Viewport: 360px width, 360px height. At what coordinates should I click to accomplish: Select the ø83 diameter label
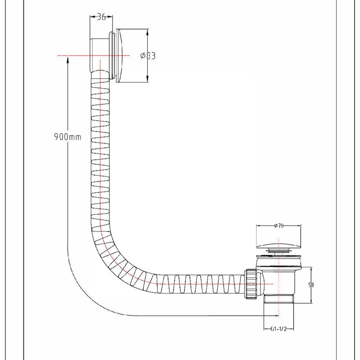148,56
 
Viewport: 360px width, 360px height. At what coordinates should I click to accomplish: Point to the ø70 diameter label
278,226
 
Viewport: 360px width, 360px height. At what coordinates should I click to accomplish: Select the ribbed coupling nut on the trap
251,283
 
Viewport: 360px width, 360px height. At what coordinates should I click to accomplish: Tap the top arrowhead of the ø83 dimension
148,31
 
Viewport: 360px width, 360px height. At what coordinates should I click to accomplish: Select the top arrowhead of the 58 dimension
311,269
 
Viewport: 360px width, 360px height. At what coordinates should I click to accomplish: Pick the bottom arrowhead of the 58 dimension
311,300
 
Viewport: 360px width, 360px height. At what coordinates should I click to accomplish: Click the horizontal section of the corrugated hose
198,284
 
